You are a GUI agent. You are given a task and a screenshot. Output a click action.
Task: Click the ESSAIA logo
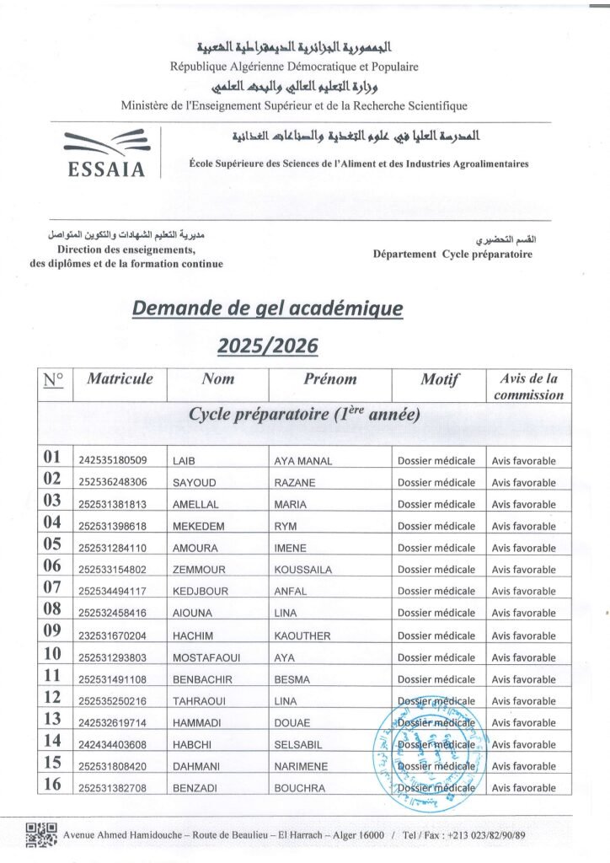(x=105, y=153)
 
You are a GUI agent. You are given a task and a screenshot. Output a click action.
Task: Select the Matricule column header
(x=120, y=379)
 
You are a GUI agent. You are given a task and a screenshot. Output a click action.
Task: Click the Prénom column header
(x=329, y=379)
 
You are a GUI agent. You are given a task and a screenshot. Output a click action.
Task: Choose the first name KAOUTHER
(x=302, y=636)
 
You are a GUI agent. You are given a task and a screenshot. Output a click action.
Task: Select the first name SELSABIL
(x=300, y=745)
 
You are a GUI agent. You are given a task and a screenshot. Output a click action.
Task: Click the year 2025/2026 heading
(x=268, y=345)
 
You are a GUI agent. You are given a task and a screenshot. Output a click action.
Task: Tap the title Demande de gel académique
(x=268, y=309)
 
